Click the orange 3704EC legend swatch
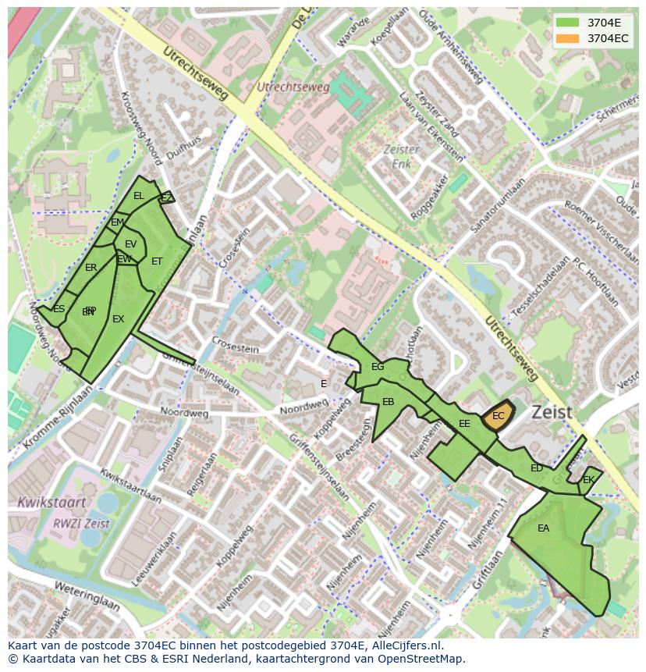click(x=568, y=38)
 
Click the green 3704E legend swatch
click(x=568, y=23)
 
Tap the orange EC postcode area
click(x=498, y=416)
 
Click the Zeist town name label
click(x=552, y=411)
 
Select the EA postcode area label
click(x=543, y=528)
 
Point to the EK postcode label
click(x=588, y=480)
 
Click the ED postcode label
click(x=537, y=468)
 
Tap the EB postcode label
click(x=388, y=402)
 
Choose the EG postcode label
click(x=378, y=367)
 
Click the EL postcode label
click(x=138, y=196)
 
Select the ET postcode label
click(x=157, y=261)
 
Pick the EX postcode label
click(x=118, y=319)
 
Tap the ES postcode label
click(x=59, y=309)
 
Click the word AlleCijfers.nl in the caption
click(x=404, y=645)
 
